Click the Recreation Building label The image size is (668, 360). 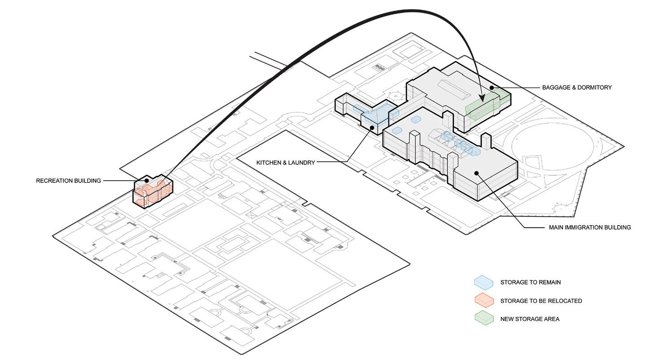tap(68, 181)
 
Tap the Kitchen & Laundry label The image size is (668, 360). tap(285, 162)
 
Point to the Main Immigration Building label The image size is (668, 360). tap(589, 227)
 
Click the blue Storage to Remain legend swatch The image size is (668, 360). tap(483, 282)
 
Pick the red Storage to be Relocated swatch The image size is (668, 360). tap(483, 300)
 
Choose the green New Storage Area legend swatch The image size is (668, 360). tap(483, 319)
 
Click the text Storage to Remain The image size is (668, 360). tap(530, 282)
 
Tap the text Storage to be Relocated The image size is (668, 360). tap(541, 301)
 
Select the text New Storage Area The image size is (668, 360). tap(530, 319)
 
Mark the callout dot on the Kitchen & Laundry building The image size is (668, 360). tap(372, 128)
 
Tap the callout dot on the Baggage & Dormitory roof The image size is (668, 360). tap(492, 88)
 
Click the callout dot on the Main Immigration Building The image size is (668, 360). tap(476, 173)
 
